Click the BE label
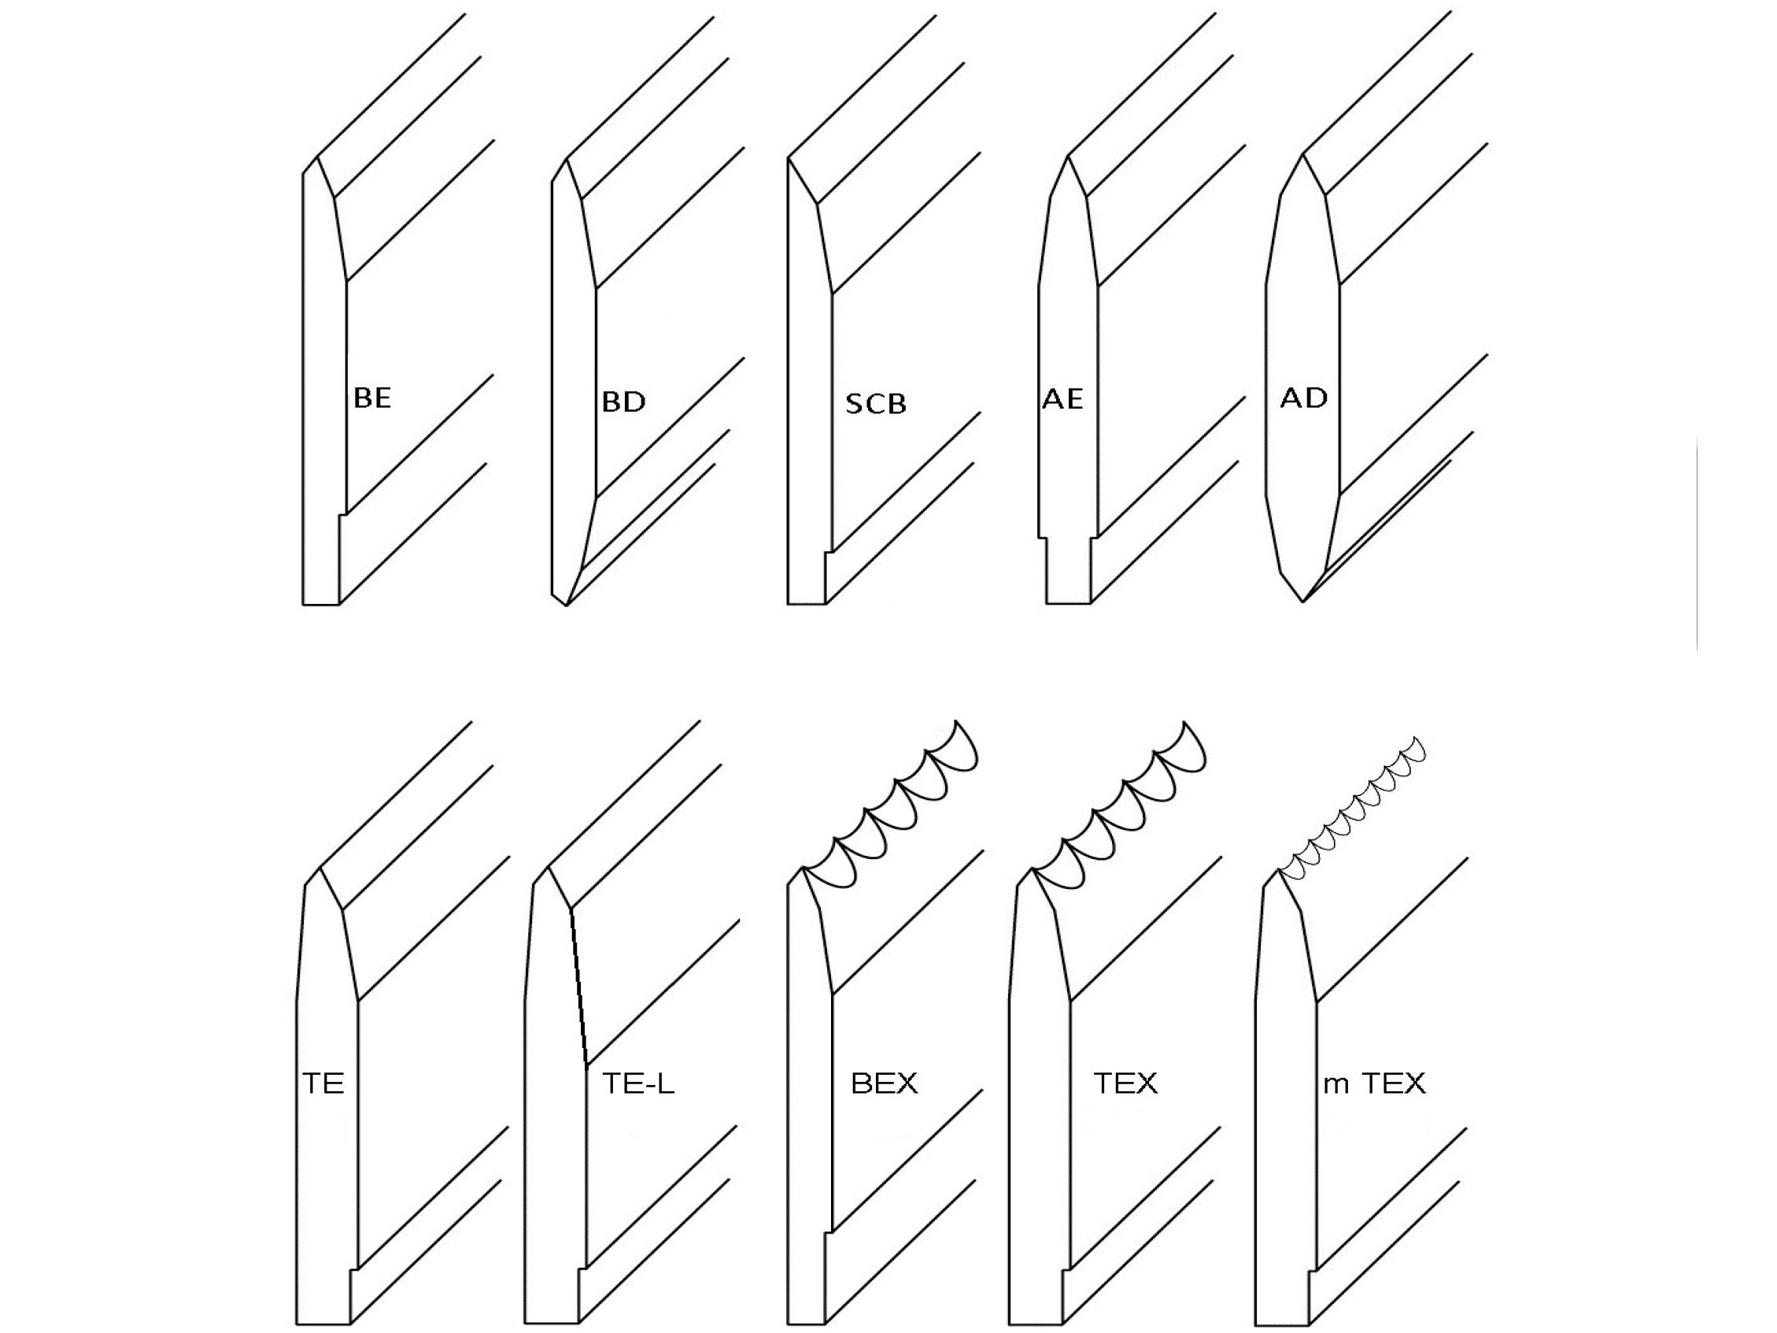point(372,398)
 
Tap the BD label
point(623,402)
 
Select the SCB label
point(876,403)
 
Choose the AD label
point(1303,397)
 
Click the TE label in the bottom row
point(323,1084)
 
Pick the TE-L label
point(638,1084)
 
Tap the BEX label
point(884,1084)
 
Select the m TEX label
point(1374,1084)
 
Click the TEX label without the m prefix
point(1125,1084)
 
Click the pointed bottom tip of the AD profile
point(1303,600)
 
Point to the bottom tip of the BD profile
point(567,605)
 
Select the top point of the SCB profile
point(788,160)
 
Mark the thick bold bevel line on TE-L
point(578,988)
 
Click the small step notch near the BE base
point(342,514)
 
